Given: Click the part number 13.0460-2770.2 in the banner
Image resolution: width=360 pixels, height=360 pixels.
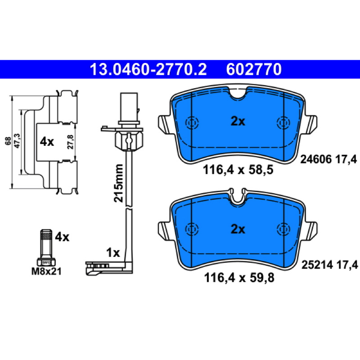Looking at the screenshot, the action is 148,69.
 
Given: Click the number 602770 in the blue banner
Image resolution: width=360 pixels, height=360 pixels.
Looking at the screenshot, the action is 254,69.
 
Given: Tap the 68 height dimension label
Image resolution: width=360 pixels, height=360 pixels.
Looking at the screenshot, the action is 8,141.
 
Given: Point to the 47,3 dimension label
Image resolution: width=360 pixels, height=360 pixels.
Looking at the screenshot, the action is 17,141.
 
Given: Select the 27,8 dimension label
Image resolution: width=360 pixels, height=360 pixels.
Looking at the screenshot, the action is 71,142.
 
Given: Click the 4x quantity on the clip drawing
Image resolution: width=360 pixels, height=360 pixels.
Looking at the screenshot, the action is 47,142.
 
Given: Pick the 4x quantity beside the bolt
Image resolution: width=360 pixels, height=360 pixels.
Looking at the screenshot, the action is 62,237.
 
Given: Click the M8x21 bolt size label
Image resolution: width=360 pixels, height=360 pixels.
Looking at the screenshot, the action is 46,272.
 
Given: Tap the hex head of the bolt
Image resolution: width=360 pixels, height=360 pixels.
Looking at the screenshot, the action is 46,262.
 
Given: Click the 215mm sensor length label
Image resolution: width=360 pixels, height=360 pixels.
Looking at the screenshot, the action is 118,183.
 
